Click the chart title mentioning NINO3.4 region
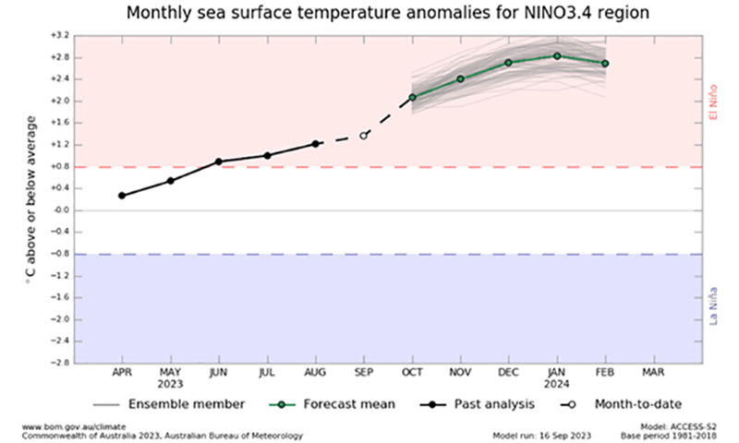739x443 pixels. pos(369,14)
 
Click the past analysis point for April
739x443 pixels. pos(122,196)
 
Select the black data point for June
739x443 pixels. pos(219,162)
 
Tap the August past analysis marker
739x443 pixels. pos(316,144)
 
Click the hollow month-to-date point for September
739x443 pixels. pos(364,135)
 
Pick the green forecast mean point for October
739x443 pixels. pos(412,97)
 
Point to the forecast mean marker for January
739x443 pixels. pos(557,55)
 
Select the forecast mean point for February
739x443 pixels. pos(605,63)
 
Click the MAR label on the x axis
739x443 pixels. pos(653,374)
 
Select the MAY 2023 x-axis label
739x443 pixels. pos(170,379)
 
